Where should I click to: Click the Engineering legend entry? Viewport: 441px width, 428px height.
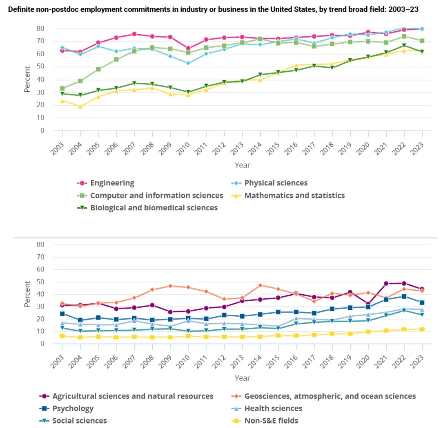click(x=112, y=183)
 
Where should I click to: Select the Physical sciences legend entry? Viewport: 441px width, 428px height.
click(x=276, y=183)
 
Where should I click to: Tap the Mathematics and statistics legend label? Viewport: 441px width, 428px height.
click(x=294, y=195)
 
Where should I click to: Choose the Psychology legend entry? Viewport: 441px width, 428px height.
click(x=73, y=408)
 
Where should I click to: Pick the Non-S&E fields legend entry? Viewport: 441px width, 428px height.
click(x=271, y=420)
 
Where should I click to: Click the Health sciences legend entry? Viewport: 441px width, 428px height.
click(x=273, y=408)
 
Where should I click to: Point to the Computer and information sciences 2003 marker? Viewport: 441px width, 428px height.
click(x=62, y=88)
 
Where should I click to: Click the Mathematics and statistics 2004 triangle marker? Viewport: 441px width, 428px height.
click(x=80, y=107)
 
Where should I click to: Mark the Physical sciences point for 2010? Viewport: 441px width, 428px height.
click(x=188, y=63)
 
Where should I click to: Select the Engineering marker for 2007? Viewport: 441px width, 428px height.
click(x=134, y=34)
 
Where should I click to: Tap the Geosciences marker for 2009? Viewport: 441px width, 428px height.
click(x=170, y=286)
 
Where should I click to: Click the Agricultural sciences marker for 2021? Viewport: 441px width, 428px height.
click(x=386, y=283)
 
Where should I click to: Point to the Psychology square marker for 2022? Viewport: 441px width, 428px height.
click(x=404, y=296)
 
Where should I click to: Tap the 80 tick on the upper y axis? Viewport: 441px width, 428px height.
click(x=40, y=29)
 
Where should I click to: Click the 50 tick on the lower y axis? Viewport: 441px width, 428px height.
click(x=40, y=282)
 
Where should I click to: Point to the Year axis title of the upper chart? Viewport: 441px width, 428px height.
click(x=242, y=165)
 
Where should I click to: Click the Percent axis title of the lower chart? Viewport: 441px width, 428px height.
click(x=27, y=293)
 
